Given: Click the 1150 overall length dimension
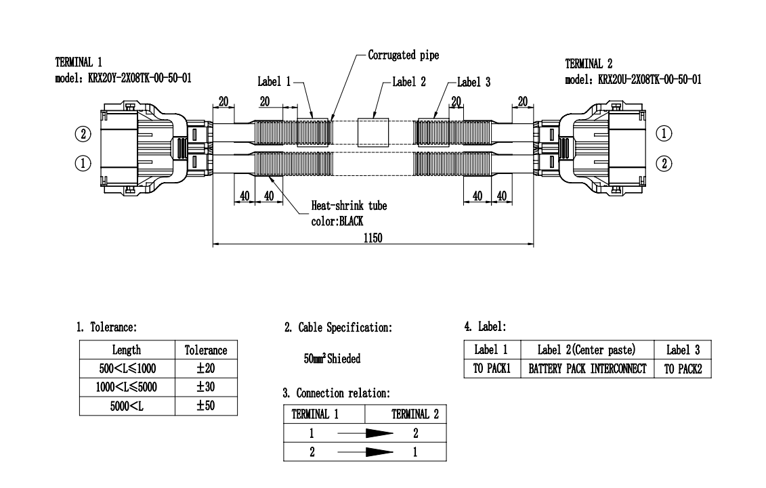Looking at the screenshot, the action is coord(373,238).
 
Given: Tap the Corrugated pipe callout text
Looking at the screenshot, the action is coord(404,55).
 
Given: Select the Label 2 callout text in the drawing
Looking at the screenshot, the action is coord(409,82).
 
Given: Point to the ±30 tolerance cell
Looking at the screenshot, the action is coord(206,387).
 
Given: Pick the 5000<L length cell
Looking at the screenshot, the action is coord(127,406).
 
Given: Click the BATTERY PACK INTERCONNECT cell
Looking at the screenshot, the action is coord(587,368).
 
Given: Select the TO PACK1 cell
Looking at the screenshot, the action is coord(492,368).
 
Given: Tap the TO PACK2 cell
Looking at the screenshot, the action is coord(683,368).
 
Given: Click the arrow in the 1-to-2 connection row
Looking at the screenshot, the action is coord(365,433).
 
